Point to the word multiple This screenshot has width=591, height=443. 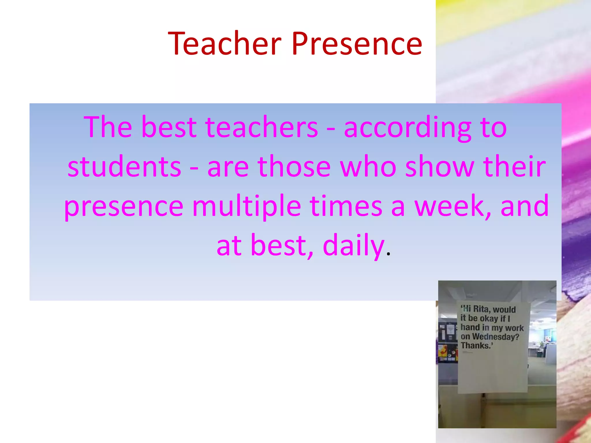247,206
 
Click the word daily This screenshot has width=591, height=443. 353,245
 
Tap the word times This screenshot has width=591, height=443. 346,206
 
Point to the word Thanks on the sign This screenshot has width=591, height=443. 475,346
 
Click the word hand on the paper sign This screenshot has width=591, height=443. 470,327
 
